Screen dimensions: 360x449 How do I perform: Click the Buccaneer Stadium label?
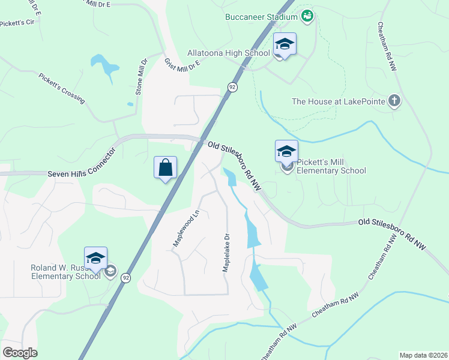261,17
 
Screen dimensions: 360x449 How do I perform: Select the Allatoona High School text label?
229,53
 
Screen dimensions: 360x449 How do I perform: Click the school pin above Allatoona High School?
285,44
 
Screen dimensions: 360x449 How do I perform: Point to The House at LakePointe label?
338,101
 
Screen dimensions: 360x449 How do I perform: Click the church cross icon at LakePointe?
394,100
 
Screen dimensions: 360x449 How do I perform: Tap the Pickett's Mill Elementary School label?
331,166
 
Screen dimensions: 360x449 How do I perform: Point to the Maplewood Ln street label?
186,227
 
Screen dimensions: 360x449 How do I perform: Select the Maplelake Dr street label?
226,253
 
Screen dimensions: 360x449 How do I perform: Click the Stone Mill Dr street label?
141,77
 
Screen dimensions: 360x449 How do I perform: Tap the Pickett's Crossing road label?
62,88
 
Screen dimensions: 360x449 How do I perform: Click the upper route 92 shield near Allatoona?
232,87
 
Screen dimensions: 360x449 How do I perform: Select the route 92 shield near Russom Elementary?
125,278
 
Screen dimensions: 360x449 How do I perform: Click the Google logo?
20,353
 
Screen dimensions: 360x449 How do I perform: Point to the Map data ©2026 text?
424,355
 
